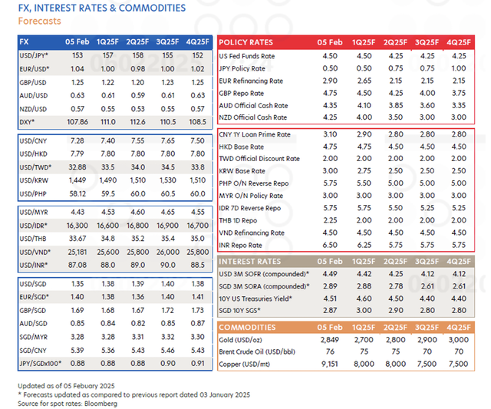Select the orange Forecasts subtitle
[40, 21]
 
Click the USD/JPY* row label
[34, 56]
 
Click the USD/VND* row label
[35, 250]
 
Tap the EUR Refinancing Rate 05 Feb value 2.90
[331, 81]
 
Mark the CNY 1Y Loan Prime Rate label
[255, 134]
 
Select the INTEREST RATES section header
[251, 261]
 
